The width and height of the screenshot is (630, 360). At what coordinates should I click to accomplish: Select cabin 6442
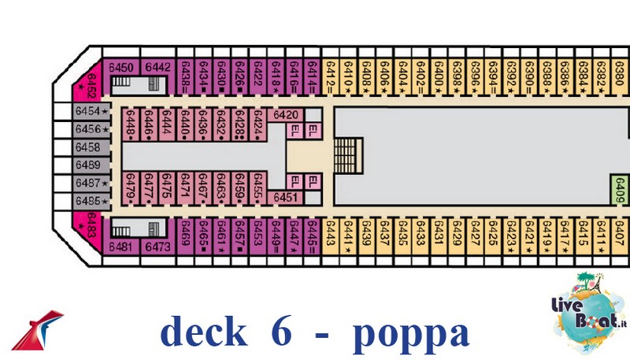(158, 68)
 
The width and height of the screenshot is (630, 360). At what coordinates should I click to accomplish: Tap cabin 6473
(158, 247)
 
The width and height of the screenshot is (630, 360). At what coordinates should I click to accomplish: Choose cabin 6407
(619, 236)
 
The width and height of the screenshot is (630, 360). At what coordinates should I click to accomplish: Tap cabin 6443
(330, 236)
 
